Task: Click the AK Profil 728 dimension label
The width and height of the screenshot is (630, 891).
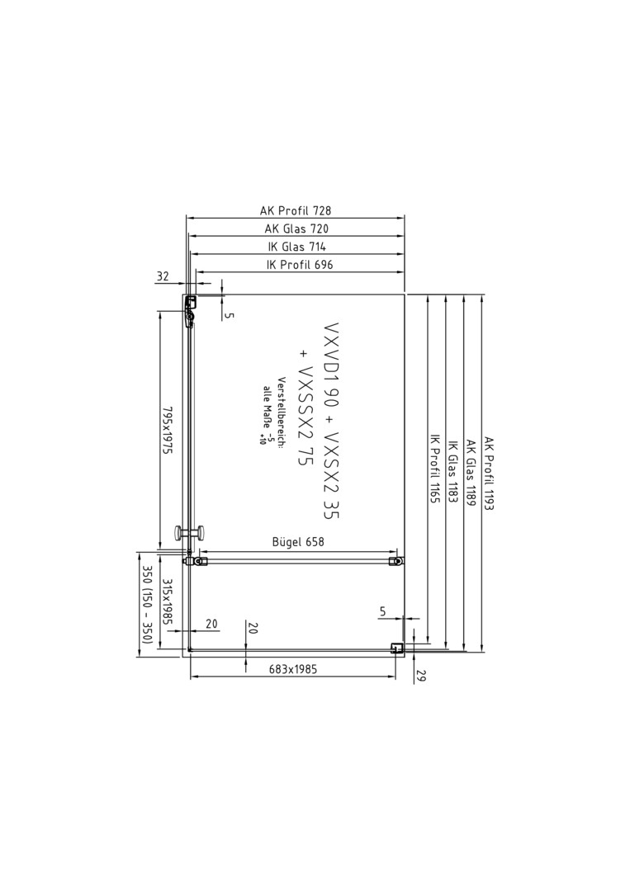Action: [x=295, y=211]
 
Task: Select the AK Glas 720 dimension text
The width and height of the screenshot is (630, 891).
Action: [x=296, y=229]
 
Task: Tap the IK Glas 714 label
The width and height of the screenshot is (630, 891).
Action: [x=296, y=247]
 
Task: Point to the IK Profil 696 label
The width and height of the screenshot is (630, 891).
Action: [x=300, y=265]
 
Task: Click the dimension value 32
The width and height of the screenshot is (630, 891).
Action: [x=163, y=276]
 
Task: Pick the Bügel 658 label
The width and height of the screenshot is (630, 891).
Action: [x=298, y=541]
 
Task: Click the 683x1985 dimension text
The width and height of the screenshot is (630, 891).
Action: [x=293, y=669]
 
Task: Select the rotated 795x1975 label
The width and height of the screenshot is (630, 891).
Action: [x=167, y=430]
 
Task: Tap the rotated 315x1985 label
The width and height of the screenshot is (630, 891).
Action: [x=167, y=602]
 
